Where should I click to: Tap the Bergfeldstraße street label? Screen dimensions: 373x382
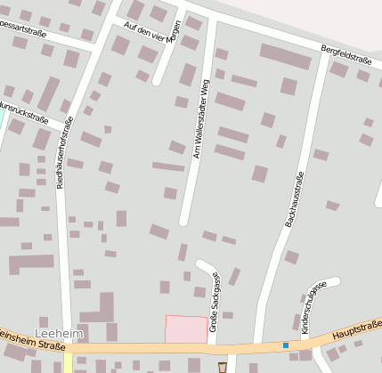(x=346, y=58)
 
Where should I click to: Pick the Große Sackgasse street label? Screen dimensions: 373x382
(x=214, y=302)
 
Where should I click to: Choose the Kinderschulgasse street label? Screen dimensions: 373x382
(x=314, y=306)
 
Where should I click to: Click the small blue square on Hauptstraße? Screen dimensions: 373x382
(x=286, y=345)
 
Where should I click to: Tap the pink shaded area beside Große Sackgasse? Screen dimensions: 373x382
(x=187, y=328)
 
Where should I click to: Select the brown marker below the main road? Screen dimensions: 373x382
(x=222, y=366)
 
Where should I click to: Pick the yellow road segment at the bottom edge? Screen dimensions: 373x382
(x=68, y=363)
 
